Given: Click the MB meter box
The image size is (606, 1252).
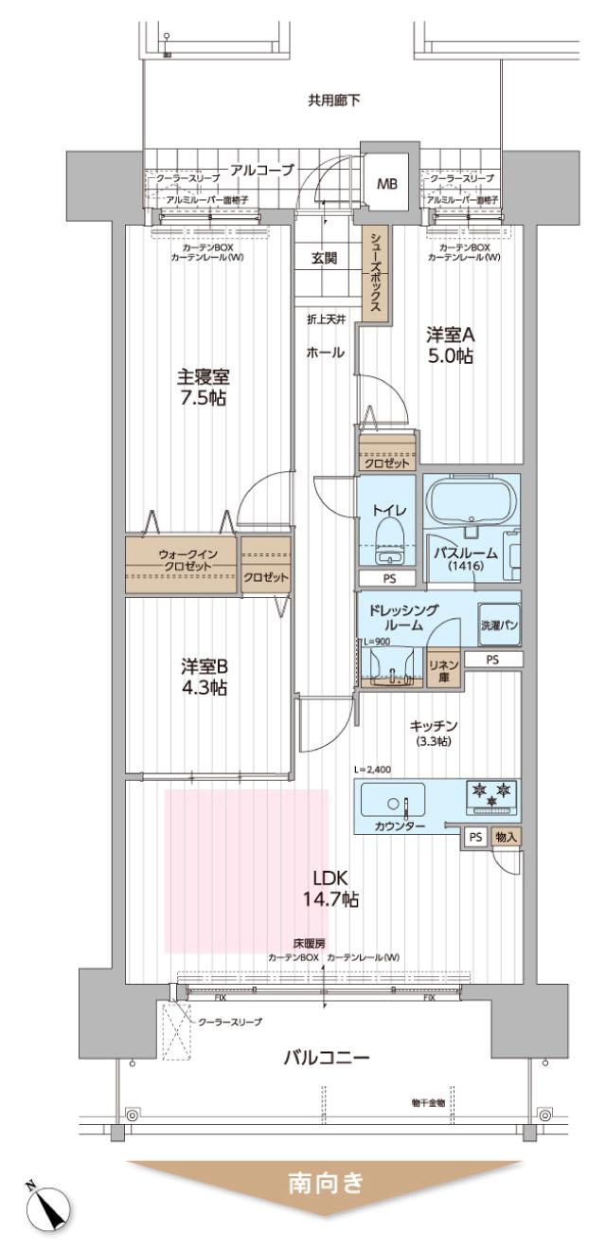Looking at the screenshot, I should coord(387,184).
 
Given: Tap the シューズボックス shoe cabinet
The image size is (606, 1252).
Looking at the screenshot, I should coord(375,275).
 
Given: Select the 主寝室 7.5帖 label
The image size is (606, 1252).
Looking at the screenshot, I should coord(205,385).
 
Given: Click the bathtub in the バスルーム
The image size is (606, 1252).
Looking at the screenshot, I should coord(470,501).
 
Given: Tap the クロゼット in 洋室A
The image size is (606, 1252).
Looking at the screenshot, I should coord(387,463).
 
